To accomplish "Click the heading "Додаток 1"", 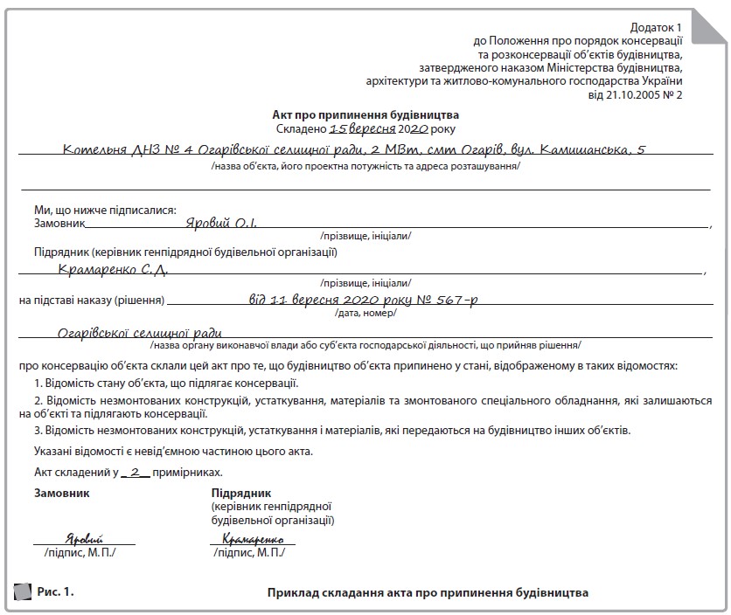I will coord(654,29).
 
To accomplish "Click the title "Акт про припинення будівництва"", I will coord(365,114).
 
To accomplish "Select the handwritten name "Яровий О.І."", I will coord(222,223).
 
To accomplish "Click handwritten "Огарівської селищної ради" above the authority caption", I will coord(139,332).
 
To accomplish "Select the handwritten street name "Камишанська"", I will coord(585,150).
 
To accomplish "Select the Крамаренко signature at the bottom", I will coord(254,539).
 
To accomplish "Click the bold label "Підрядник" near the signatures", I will coord(235,493).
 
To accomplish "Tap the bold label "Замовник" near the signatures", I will coord(61,493).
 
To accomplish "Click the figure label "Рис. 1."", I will coord(55,592).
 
